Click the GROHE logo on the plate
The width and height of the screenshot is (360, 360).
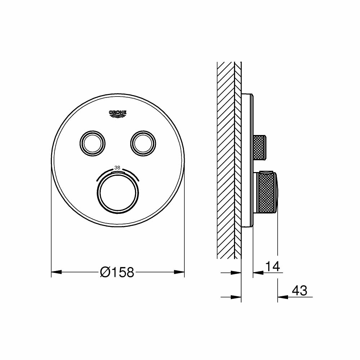click(x=118, y=113)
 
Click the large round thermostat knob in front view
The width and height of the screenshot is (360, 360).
click(x=118, y=194)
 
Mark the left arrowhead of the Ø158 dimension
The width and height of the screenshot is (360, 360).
click(x=56, y=272)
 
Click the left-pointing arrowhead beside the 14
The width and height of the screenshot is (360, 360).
click(x=258, y=273)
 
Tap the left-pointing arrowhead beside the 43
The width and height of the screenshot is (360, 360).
click(x=282, y=297)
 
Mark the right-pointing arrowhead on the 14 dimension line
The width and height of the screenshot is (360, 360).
click(x=236, y=273)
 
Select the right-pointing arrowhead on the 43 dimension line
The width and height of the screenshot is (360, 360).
click(x=236, y=297)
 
